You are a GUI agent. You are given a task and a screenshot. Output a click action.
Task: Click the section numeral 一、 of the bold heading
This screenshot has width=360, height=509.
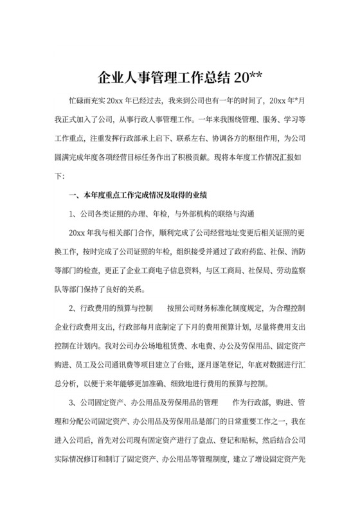pos(71,194)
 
